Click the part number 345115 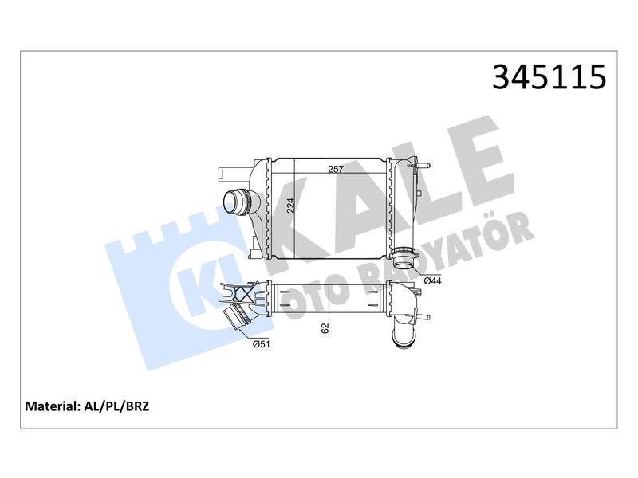click(x=549, y=76)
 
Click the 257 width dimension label click(x=336, y=169)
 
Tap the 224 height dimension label click(x=290, y=206)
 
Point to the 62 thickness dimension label click(x=325, y=328)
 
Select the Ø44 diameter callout click(x=432, y=281)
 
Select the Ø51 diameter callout click(x=262, y=344)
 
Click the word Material click(x=52, y=406)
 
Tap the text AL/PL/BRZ click(x=116, y=406)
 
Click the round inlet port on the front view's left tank click(x=236, y=203)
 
